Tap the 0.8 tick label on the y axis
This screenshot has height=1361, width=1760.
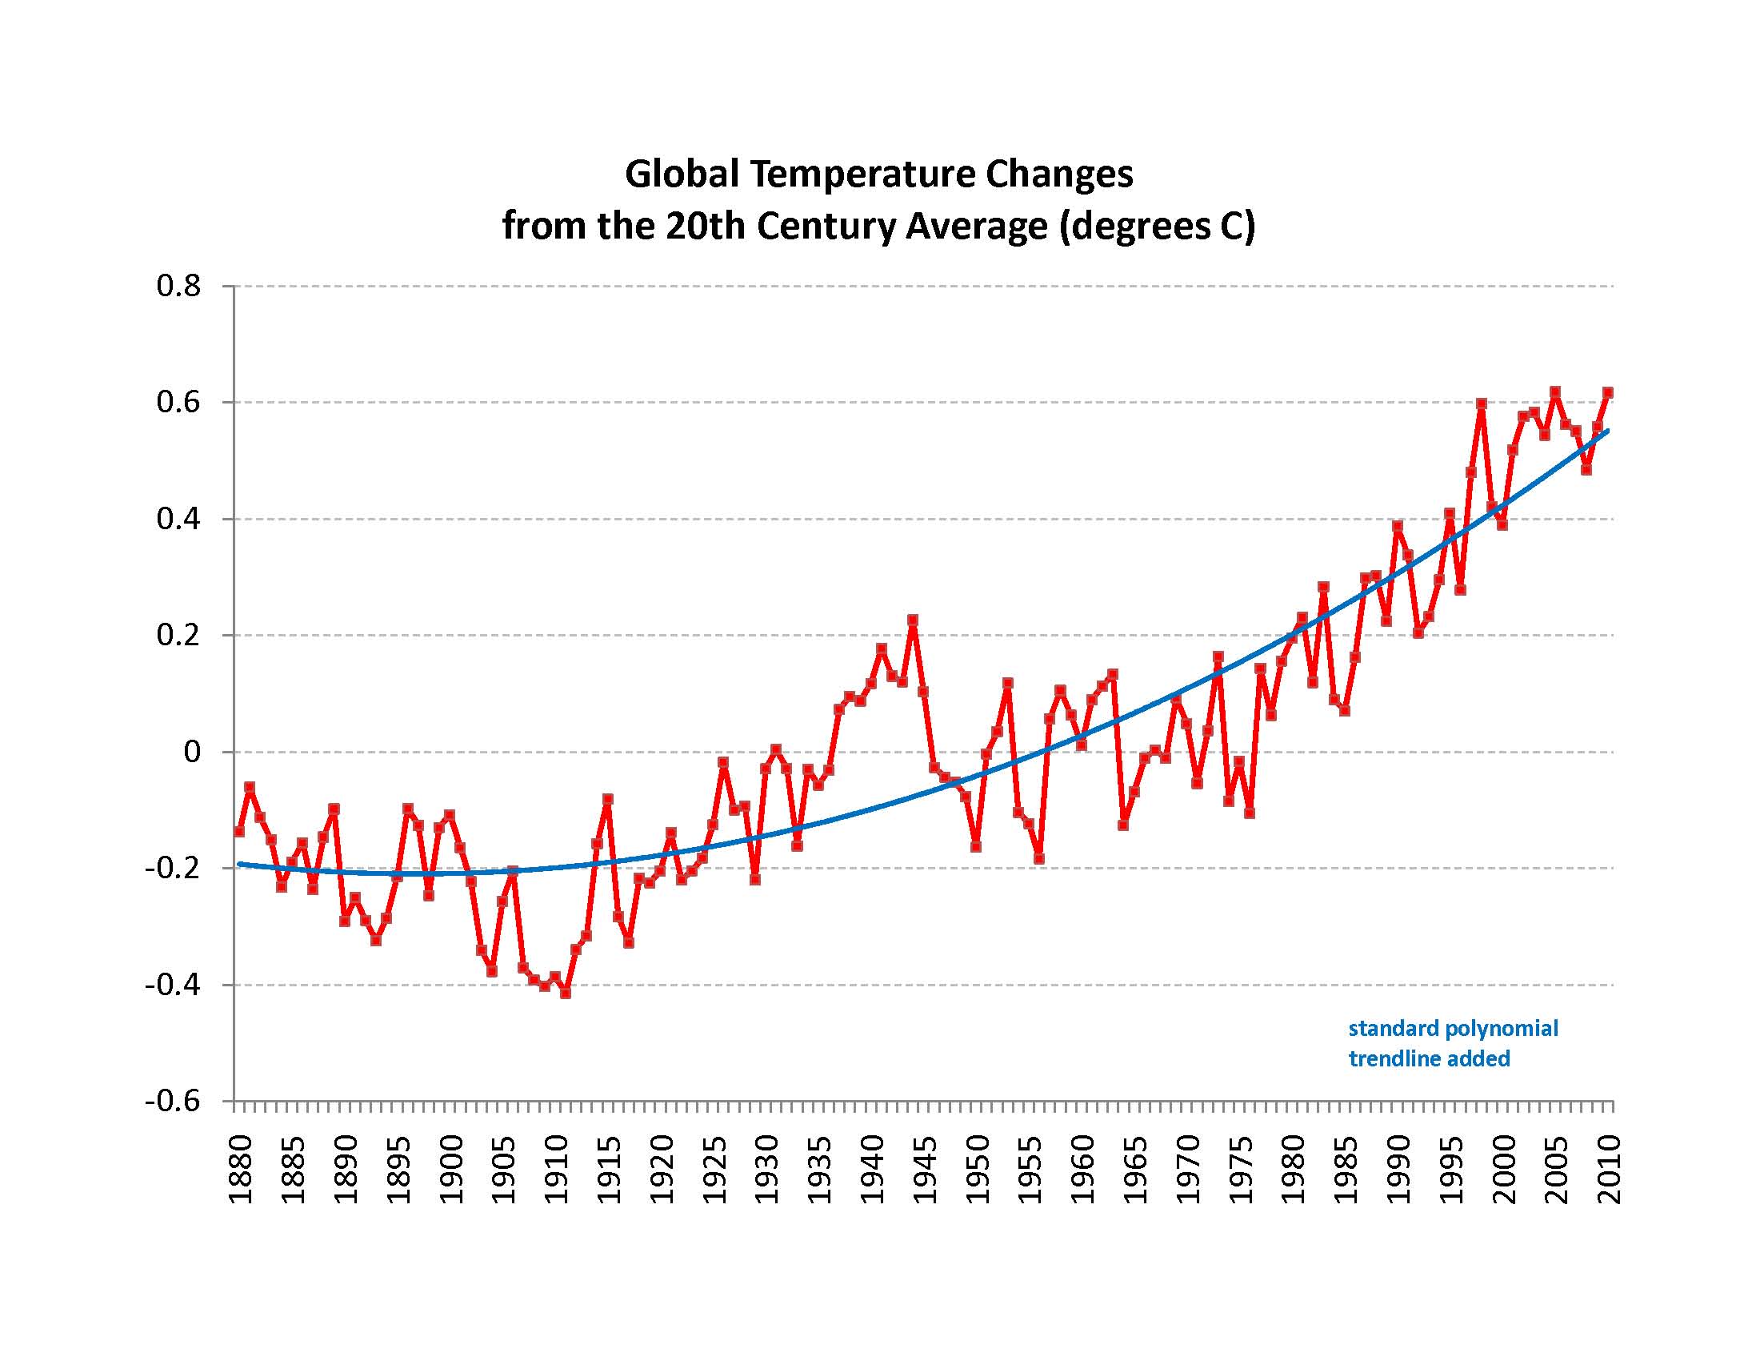[x=178, y=287]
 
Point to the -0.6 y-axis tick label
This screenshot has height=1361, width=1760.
[x=173, y=1102]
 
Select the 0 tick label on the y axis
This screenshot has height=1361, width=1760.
[x=192, y=753]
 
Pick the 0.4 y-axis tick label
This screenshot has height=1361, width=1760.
[x=178, y=520]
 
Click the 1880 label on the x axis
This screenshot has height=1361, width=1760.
[x=240, y=1169]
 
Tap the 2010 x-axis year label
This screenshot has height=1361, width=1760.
[x=1610, y=1169]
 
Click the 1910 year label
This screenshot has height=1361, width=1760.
[x=556, y=1169]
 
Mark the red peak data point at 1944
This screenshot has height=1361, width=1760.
[x=913, y=620]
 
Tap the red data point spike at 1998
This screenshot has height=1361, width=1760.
[x=1481, y=403]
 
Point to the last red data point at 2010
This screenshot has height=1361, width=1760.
[x=1608, y=392]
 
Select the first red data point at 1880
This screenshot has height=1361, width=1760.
[x=239, y=831]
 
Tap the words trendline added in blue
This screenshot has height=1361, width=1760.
[x=1430, y=1058]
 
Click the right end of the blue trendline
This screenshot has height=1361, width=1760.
[x=1608, y=432]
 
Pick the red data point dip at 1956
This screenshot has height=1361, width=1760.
[x=1039, y=859]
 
